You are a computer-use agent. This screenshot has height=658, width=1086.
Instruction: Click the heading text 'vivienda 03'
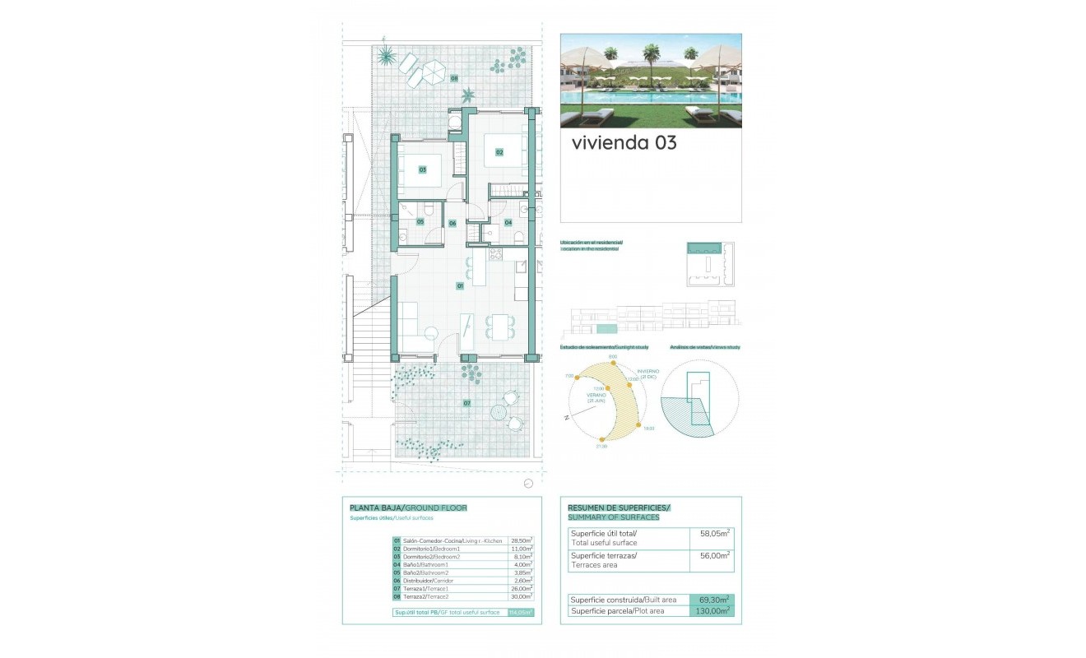624,143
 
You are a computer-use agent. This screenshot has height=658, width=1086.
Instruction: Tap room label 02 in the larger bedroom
499,152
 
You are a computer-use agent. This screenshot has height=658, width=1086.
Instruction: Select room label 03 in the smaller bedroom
422,170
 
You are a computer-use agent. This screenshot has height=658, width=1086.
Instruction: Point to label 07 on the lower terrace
466,403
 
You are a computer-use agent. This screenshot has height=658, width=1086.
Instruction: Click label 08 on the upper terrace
454,79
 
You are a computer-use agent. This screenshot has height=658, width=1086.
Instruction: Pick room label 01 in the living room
461,285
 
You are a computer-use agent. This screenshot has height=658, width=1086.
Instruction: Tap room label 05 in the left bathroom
420,221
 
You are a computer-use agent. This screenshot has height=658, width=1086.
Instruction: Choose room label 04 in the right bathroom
508,222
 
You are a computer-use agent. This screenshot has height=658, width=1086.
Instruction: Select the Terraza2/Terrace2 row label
425,596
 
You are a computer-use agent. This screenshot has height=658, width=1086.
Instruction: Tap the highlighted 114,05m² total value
521,612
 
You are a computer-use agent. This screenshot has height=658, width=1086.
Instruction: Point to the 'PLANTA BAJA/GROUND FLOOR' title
408,508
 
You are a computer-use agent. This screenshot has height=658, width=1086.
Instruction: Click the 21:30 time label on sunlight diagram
602,447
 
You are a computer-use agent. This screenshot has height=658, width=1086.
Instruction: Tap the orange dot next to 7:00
577,378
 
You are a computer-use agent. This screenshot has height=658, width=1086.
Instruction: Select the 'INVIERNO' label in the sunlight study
647,372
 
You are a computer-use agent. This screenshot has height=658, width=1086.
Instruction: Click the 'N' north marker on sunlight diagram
567,419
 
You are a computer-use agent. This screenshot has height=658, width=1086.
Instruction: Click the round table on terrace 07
499,410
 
